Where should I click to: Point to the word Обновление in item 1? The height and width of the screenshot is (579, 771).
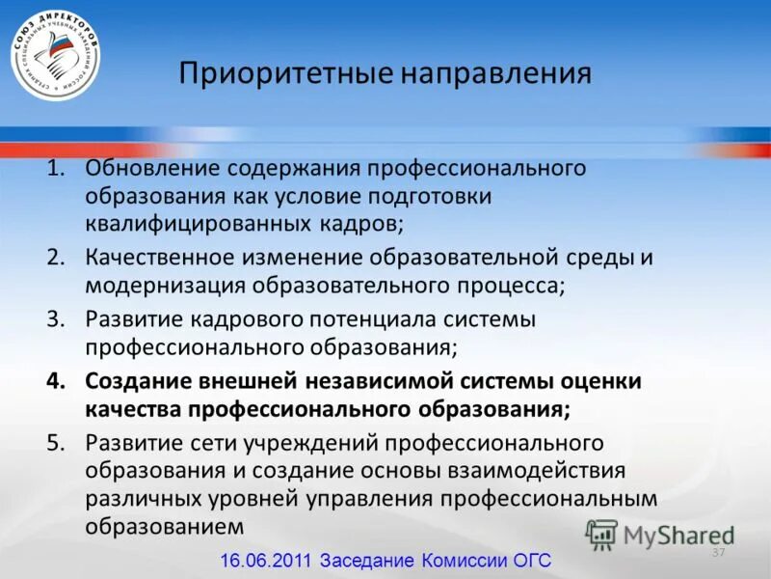click(154, 169)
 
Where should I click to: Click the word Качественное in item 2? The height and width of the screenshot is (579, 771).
click(165, 259)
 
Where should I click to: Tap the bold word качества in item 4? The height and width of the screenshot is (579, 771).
click(133, 408)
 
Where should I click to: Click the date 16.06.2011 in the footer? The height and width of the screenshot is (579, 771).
click(267, 561)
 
